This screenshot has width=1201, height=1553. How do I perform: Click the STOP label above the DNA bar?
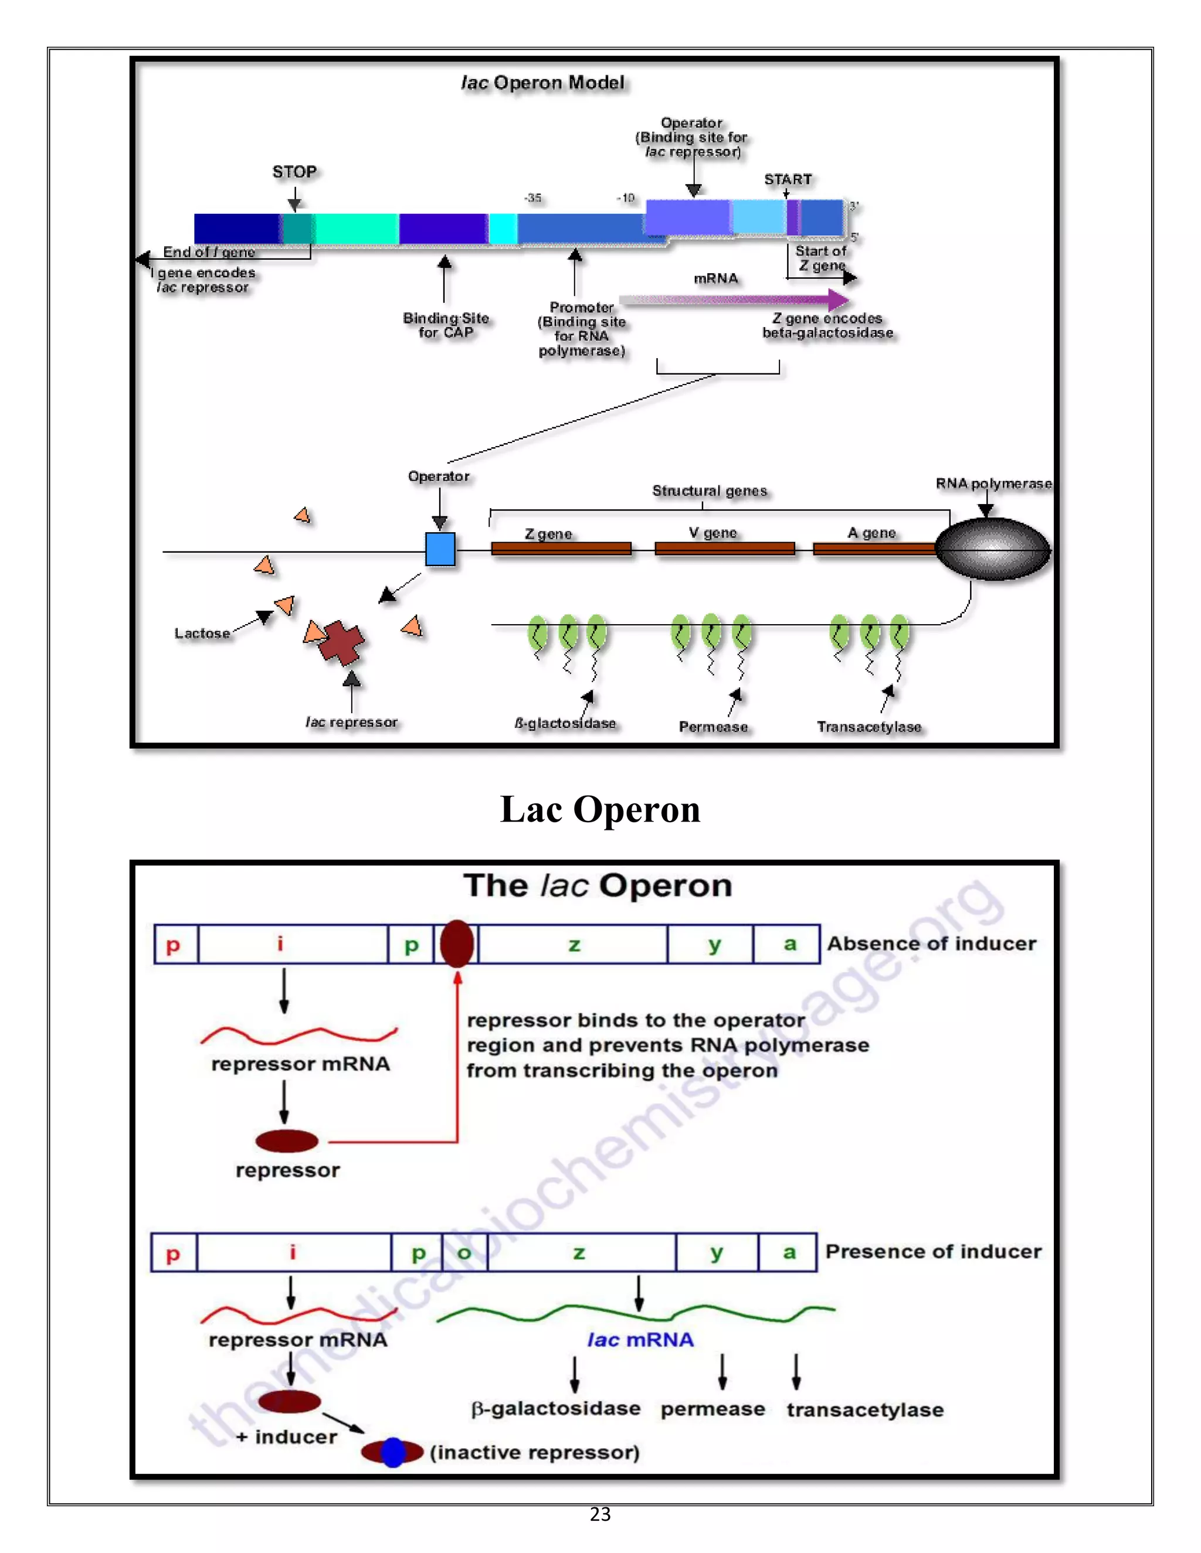[294, 172]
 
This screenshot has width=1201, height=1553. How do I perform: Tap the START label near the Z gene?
[787, 179]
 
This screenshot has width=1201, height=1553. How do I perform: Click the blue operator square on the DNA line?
[440, 549]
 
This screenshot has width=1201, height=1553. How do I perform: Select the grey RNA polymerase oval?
[993, 549]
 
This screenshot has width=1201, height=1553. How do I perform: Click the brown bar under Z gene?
[561, 549]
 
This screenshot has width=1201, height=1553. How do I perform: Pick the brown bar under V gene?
[724, 549]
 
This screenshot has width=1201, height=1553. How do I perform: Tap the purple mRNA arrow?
[733, 299]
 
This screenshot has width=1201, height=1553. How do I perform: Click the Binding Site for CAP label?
[446, 325]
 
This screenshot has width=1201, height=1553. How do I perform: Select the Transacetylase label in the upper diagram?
[868, 727]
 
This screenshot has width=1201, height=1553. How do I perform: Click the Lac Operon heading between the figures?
[600, 809]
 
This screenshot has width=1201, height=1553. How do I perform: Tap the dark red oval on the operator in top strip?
[457, 944]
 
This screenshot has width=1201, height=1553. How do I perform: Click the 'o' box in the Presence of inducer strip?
[464, 1253]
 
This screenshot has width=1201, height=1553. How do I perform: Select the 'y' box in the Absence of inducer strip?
[714, 944]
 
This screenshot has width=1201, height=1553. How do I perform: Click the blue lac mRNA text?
[640, 1340]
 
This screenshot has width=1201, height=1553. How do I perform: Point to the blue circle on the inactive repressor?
[393, 1452]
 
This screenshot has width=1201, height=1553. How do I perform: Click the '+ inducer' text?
[287, 1437]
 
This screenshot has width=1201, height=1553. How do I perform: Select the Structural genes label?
[710, 491]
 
